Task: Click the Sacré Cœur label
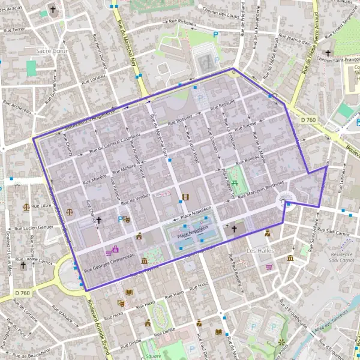52,51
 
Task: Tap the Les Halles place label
259,250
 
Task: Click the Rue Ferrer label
14,29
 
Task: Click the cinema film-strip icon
185,197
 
